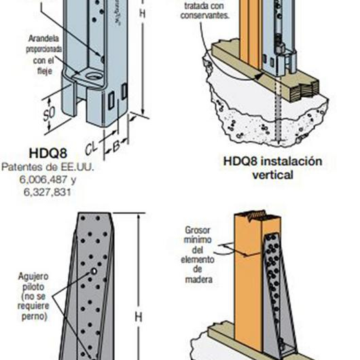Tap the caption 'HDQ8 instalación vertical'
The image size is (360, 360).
coord(272,168)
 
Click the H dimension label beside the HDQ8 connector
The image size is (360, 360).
coord(141,13)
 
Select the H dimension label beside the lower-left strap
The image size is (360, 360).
coord(138,317)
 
